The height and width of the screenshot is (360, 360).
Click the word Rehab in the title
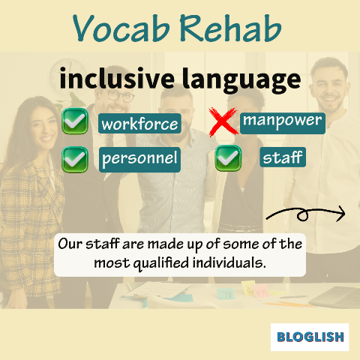[x=230, y=28]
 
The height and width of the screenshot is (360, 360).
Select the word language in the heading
[x=241, y=80]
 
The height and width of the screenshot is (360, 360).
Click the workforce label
[x=139, y=123]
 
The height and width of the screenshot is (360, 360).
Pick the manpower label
[x=283, y=123]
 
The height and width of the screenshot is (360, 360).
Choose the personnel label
[x=139, y=160]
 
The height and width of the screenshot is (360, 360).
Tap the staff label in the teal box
[x=283, y=157]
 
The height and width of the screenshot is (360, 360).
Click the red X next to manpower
[x=223, y=121]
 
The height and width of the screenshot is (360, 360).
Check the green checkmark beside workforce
[x=75, y=121]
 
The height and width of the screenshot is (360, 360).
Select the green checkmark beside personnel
[x=75, y=160]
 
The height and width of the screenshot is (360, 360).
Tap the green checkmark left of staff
[x=228, y=158]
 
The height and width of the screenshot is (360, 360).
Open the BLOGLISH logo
[x=310, y=337]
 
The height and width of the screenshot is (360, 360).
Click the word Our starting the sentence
[x=70, y=244]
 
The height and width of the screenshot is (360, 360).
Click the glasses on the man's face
[x=121, y=96]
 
